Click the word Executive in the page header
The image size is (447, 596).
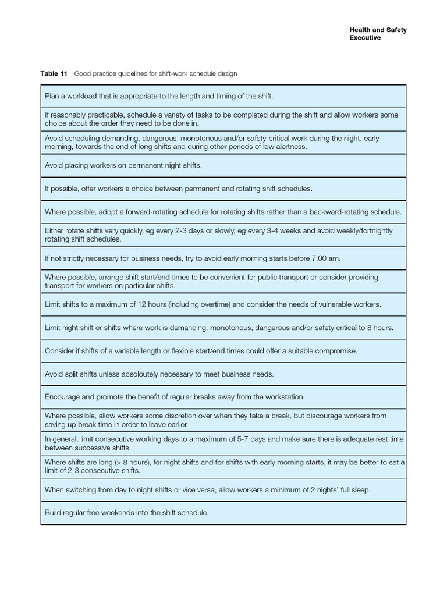[365, 38]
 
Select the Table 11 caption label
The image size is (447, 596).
[54, 74]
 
